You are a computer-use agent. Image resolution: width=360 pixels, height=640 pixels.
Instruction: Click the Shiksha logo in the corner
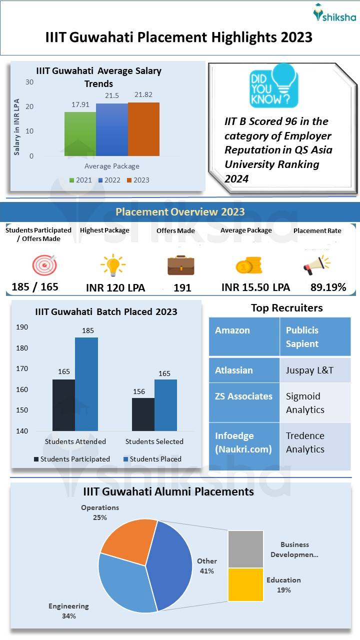(334, 13)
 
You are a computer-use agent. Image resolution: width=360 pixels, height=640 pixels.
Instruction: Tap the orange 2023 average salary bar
(143, 129)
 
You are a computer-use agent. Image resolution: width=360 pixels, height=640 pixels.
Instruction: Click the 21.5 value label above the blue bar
(112, 95)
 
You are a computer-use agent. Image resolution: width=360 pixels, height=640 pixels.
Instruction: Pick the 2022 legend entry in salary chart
(108, 180)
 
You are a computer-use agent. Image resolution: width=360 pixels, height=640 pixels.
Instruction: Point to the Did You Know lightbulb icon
(273, 85)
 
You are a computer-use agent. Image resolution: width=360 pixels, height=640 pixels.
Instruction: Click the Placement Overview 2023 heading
(180, 211)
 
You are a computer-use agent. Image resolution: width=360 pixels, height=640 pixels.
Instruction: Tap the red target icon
(44, 265)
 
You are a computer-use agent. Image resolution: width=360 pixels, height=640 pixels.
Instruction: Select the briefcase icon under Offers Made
(180, 265)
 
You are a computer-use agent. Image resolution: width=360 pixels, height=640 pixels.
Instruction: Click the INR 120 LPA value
(115, 287)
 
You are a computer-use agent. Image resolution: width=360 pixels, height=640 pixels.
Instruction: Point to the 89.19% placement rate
(328, 287)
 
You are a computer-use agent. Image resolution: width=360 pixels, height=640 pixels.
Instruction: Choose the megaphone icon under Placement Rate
(316, 265)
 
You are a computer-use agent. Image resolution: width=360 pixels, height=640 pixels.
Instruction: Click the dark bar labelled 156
(143, 414)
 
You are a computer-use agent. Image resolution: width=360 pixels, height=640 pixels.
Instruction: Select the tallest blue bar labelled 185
(86, 384)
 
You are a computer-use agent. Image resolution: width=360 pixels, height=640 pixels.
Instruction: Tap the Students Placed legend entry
(152, 459)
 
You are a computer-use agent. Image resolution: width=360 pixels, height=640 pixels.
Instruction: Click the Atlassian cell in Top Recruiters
(244, 370)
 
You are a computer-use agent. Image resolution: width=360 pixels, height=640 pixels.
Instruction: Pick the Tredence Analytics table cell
(314, 442)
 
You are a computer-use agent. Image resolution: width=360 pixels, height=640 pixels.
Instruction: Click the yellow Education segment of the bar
(245, 584)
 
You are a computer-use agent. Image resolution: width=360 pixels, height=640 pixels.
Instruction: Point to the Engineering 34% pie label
(68, 611)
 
